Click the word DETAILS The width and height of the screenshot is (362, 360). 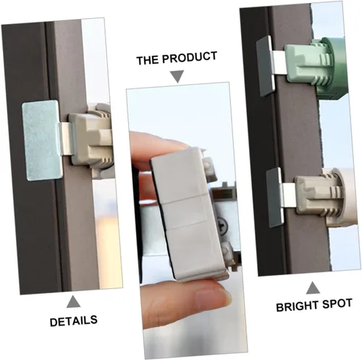[74, 321]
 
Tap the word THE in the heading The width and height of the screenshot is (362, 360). [147, 59]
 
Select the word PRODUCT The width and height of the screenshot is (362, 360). [190, 57]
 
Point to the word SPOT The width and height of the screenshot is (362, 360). [337, 304]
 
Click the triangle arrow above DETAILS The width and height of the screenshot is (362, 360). [73, 302]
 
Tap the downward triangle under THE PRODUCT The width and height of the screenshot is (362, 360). [177, 77]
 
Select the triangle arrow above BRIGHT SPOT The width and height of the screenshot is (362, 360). [313, 288]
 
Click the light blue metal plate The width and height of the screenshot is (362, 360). [41, 141]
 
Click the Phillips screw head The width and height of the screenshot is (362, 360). [222, 225]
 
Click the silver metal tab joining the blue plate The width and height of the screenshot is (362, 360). [64, 138]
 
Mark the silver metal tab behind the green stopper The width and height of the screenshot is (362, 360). [278, 63]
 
